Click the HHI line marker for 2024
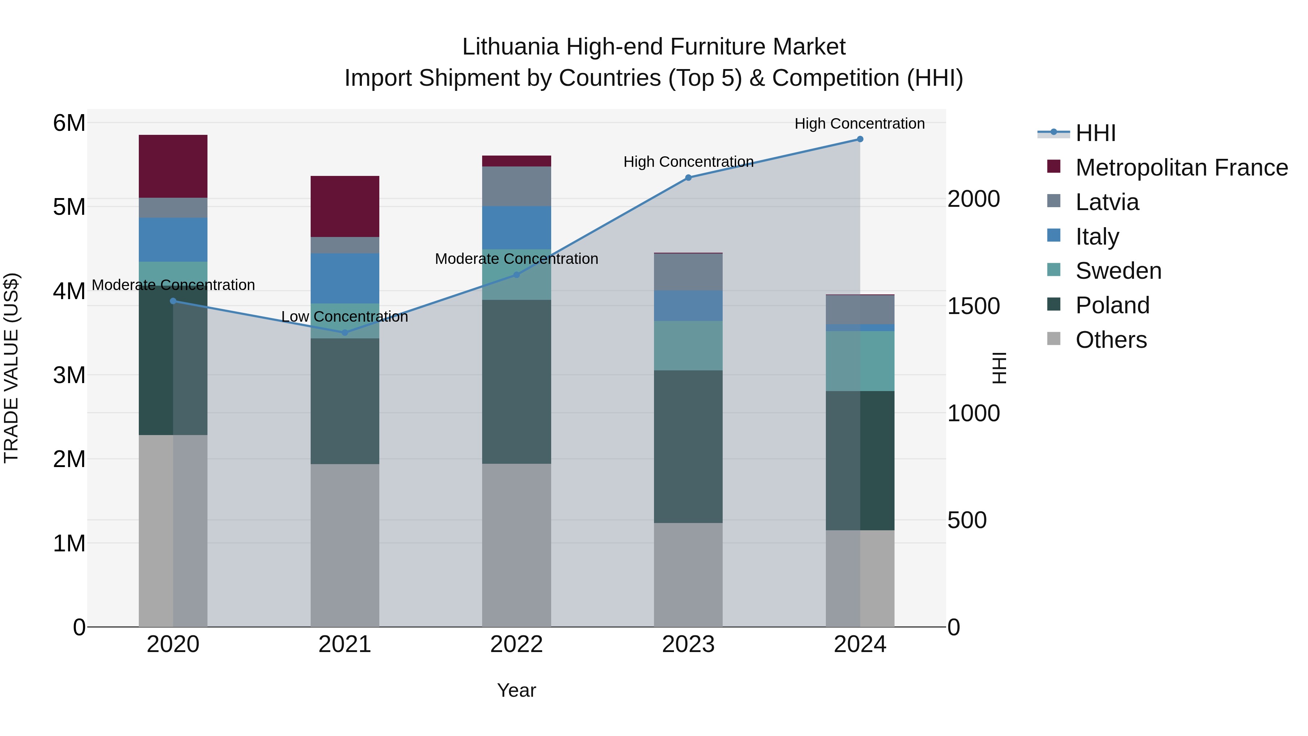pyautogui.click(x=860, y=139)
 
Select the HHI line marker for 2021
pyautogui.click(x=345, y=333)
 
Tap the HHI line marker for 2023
pyautogui.click(x=688, y=178)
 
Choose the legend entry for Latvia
pyautogui.click(x=1107, y=202)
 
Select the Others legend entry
pyautogui.click(x=1111, y=340)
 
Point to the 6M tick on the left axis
pyautogui.click(x=69, y=123)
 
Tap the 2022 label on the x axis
pyautogui.click(x=516, y=644)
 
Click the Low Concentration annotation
pyautogui.click(x=345, y=317)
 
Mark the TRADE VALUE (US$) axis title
pyautogui.click(x=11, y=368)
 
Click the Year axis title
pyautogui.click(x=516, y=690)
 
